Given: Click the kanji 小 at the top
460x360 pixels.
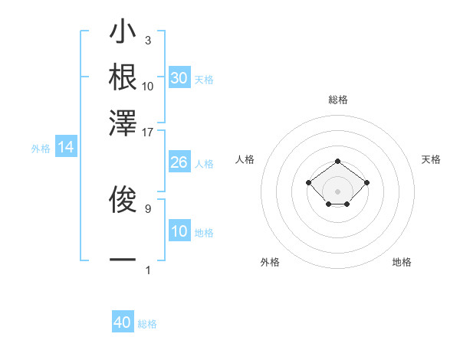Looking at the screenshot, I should [x=123, y=34].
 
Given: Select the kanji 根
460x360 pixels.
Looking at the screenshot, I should [x=123, y=77].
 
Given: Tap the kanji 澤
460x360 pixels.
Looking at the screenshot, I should [x=123, y=122].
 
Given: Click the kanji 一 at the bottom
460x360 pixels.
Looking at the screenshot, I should [x=123, y=260].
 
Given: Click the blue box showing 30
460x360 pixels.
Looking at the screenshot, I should [x=179, y=78].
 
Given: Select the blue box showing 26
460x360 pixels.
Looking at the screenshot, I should [x=179, y=162].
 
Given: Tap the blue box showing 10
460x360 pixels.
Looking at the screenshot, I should [x=179, y=231].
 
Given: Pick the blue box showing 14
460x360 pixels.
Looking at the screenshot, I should [x=66, y=148].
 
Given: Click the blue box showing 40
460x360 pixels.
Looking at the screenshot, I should [x=123, y=322].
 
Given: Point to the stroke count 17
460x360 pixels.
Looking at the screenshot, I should [x=148, y=132].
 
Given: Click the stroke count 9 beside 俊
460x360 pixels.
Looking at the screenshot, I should [x=148, y=208].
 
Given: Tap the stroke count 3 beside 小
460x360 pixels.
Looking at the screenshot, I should [x=148, y=40].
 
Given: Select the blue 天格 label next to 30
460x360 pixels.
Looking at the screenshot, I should [x=204, y=80].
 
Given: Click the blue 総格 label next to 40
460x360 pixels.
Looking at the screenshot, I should [x=147, y=324].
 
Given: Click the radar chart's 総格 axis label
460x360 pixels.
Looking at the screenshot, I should [x=338, y=100].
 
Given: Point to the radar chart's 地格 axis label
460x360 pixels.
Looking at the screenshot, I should [x=402, y=263].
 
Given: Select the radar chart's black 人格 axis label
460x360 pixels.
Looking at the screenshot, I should [x=245, y=159].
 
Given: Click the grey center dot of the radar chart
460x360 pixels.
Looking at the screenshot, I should [x=338, y=191].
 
